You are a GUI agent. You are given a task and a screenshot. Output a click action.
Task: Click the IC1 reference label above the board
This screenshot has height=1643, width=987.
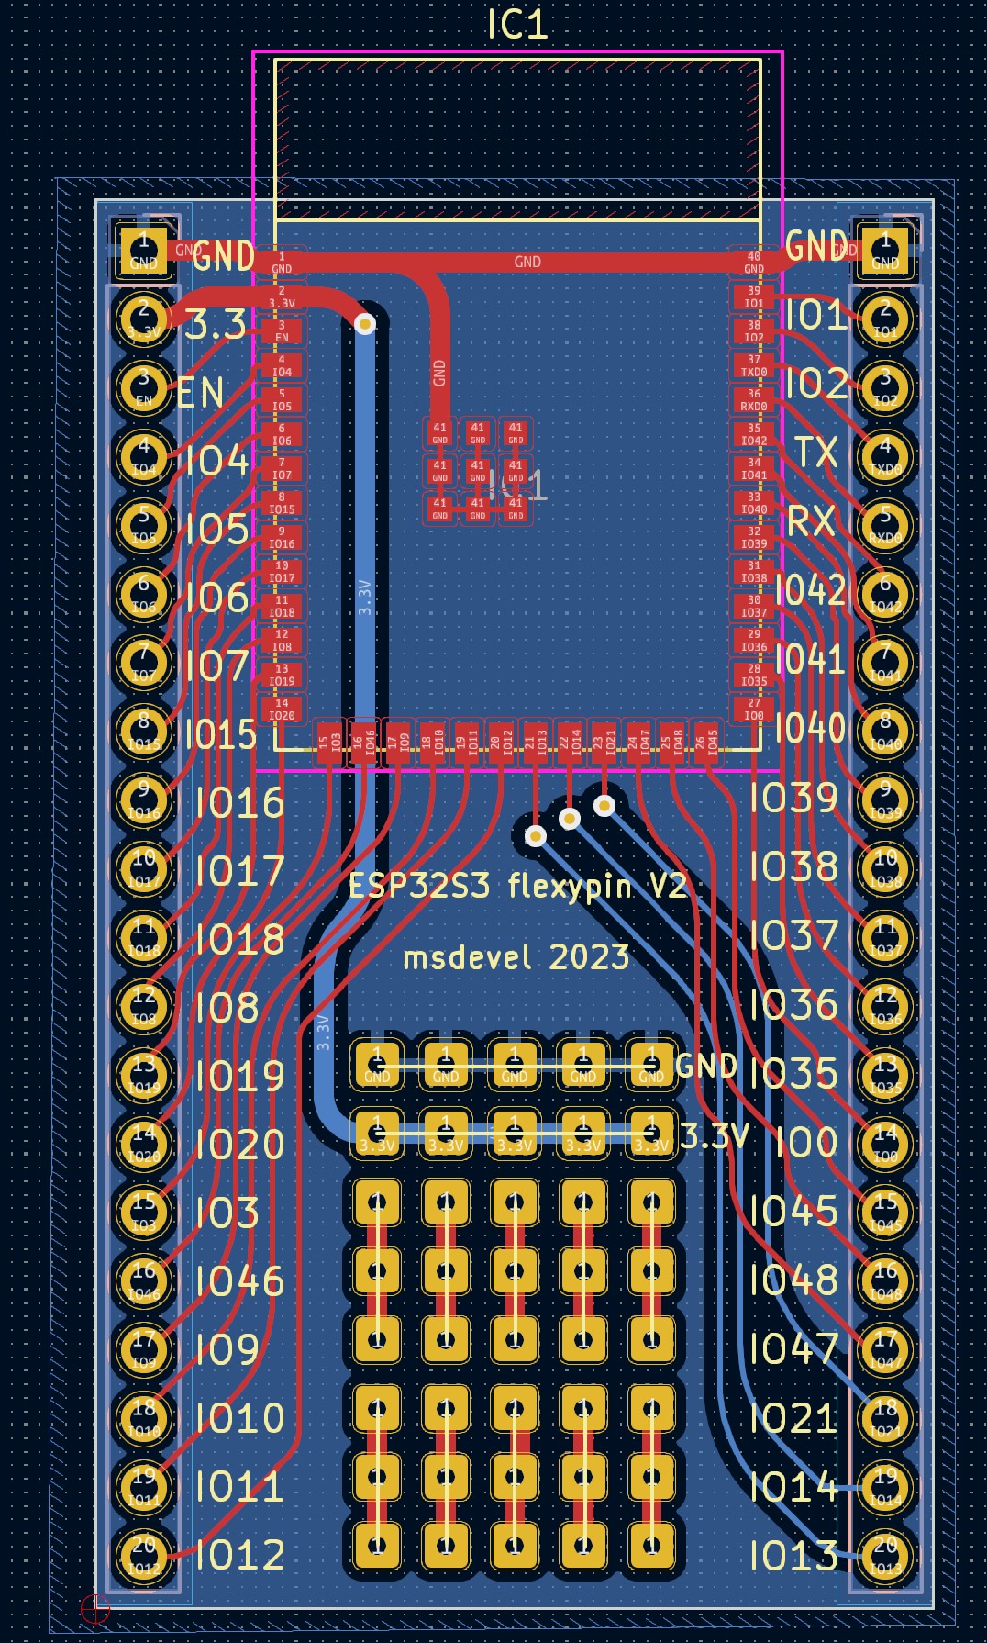[517, 24]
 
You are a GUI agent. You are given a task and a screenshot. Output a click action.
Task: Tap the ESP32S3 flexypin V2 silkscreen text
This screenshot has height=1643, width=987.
[517, 886]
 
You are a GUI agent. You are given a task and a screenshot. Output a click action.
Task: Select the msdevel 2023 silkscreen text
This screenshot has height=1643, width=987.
[516, 957]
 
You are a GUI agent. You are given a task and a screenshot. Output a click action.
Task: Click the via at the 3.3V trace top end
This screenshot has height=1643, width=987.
[365, 324]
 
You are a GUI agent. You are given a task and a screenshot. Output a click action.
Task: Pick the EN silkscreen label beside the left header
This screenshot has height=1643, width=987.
[200, 393]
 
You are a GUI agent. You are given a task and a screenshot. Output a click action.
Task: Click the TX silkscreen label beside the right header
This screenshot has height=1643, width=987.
[815, 452]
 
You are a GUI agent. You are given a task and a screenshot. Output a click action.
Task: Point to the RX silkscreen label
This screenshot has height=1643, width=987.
[811, 521]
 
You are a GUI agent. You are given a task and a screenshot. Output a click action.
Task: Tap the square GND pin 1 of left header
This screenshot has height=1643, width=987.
[144, 250]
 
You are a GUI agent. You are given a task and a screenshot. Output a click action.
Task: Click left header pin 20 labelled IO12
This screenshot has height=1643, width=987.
[144, 1553]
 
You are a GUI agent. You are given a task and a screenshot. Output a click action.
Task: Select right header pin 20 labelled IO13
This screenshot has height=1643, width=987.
[885, 1553]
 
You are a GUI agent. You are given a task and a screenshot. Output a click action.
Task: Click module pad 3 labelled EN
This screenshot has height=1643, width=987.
[282, 331]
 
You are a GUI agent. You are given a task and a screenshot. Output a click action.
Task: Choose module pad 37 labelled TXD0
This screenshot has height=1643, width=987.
[754, 366]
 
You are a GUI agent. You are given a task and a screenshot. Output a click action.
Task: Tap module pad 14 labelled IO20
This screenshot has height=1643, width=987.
[282, 710]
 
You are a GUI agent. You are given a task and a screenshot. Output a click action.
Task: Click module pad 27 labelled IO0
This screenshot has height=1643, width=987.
[754, 710]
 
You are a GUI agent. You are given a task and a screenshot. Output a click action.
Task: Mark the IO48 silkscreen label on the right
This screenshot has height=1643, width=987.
[793, 1280]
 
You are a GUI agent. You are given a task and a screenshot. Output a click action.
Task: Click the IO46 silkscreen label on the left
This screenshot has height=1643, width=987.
[239, 1280]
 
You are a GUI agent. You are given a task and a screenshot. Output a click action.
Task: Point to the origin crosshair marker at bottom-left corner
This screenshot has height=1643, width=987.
[95, 1607]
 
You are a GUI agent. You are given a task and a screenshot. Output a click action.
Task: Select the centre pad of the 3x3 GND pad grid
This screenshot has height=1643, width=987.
[478, 471]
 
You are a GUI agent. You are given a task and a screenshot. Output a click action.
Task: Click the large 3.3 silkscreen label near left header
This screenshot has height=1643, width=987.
[216, 325]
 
